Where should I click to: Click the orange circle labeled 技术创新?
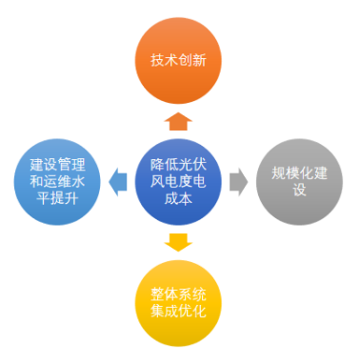178,59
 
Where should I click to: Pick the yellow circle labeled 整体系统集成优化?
178,301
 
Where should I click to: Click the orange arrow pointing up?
178,121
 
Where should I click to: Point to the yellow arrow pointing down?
178,240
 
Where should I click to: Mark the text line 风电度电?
178,180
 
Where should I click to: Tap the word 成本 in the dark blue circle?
178,198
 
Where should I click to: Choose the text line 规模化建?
299,172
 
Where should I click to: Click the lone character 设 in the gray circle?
299,190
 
